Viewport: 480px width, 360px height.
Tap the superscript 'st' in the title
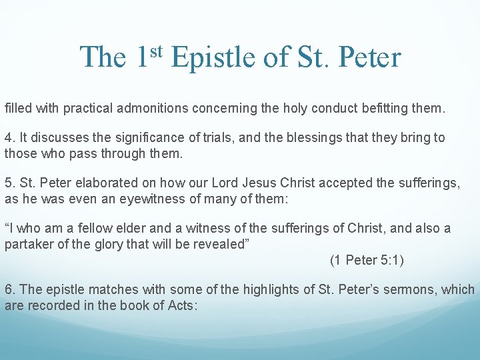[x=156, y=49]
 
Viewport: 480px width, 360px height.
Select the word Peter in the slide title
[x=370, y=57]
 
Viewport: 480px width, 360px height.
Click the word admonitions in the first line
[x=173, y=107]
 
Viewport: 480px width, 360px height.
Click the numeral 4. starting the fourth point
[x=9, y=138]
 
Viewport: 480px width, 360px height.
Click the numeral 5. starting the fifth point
[x=9, y=183]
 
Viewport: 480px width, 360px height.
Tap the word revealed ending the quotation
[x=225, y=244]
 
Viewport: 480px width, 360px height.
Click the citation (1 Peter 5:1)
[x=367, y=260]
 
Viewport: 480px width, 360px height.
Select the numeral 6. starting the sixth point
[x=9, y=290]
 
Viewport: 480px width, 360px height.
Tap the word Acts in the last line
[x=185, y=305]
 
